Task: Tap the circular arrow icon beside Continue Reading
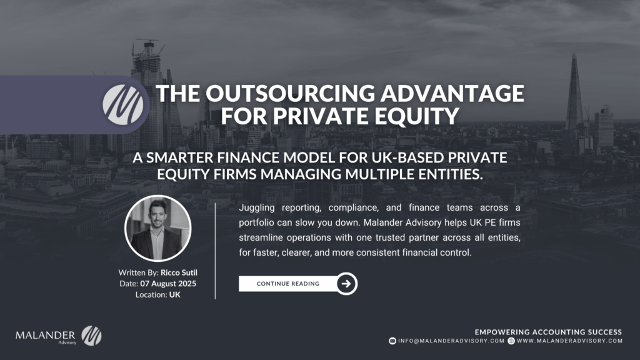point(346,284)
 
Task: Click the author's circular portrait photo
point(157,228)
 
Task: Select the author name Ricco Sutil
point(179,272)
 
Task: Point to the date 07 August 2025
point(168,284)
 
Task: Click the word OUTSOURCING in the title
point(290,94)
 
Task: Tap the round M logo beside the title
point(123,105)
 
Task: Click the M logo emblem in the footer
point(91,336)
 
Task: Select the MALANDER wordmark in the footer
point(45,336)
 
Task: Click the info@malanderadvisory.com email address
point(451,341)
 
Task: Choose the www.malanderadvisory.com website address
point(570,341)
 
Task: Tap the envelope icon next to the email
point(392,341)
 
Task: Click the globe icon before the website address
point(511,341)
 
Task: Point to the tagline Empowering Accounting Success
point(548,332)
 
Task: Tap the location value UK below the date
point(175,295)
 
